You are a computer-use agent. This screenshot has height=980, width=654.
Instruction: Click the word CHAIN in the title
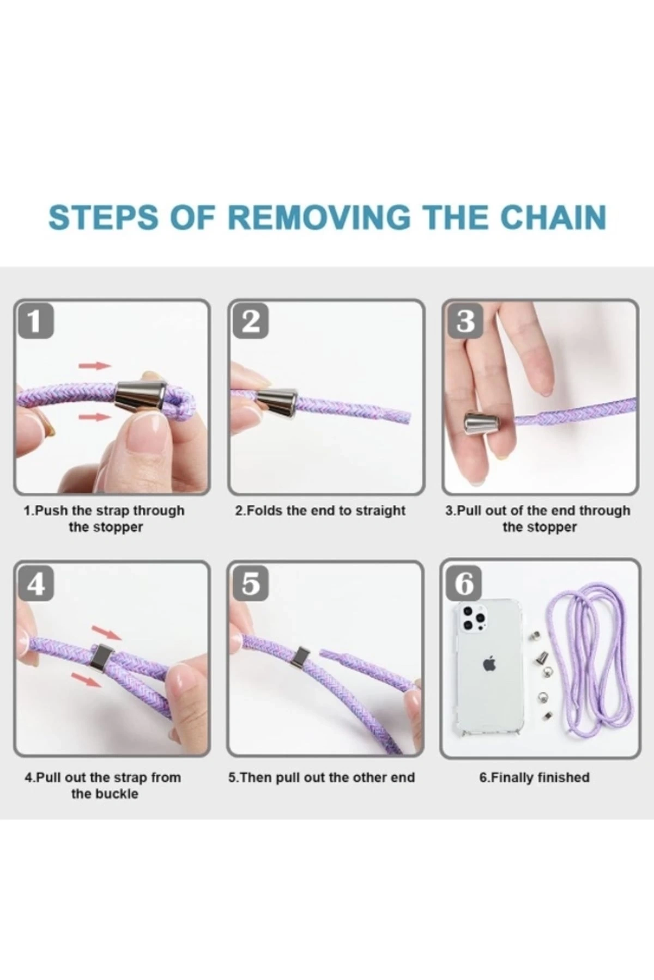[553, 217]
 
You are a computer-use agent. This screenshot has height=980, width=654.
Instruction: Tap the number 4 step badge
[35, 584]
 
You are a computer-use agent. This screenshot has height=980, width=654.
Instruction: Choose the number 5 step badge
[250, 584]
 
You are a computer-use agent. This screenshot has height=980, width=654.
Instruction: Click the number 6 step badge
[465, 584]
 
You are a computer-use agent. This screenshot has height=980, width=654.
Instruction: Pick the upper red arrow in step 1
[95, 366]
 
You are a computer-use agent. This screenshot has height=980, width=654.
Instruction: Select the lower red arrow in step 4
[87, 679]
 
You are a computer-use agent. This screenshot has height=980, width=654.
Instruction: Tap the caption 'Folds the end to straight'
[326, 511]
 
